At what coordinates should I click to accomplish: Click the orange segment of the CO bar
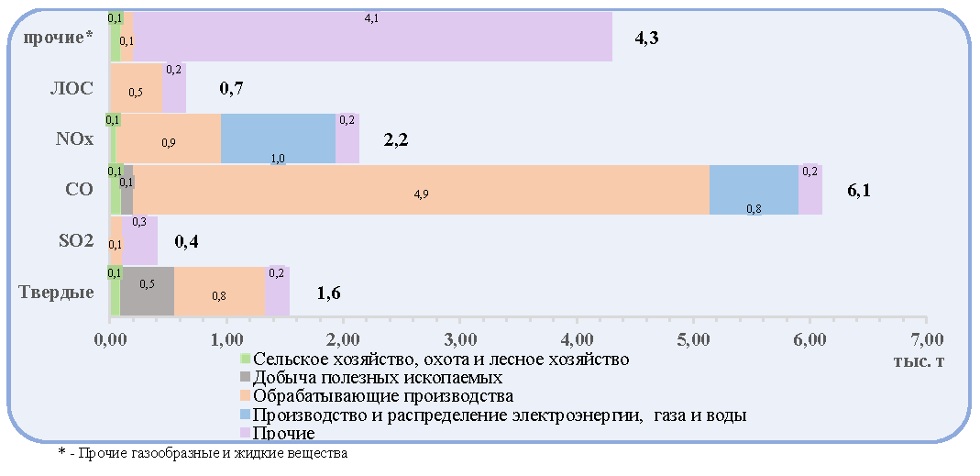tap(422, 190)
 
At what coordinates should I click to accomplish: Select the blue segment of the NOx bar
tap(278, 138)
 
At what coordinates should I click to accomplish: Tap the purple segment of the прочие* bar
tap(372, 37)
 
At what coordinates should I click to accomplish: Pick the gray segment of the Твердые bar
tap(147, 292)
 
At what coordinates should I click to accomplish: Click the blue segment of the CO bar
tap(754, 190)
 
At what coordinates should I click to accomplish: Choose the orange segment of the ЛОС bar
tap(137, 87)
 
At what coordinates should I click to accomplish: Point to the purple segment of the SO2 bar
tap(140, 241)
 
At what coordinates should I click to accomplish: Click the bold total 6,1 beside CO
tap(859, 191)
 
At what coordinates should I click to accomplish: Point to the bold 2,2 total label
tap(396, 139)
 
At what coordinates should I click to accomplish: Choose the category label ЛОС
tap(72, 88)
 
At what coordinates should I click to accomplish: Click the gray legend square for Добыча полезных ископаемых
tap(246, 377)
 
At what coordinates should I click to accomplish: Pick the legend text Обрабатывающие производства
tap(384, 396)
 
